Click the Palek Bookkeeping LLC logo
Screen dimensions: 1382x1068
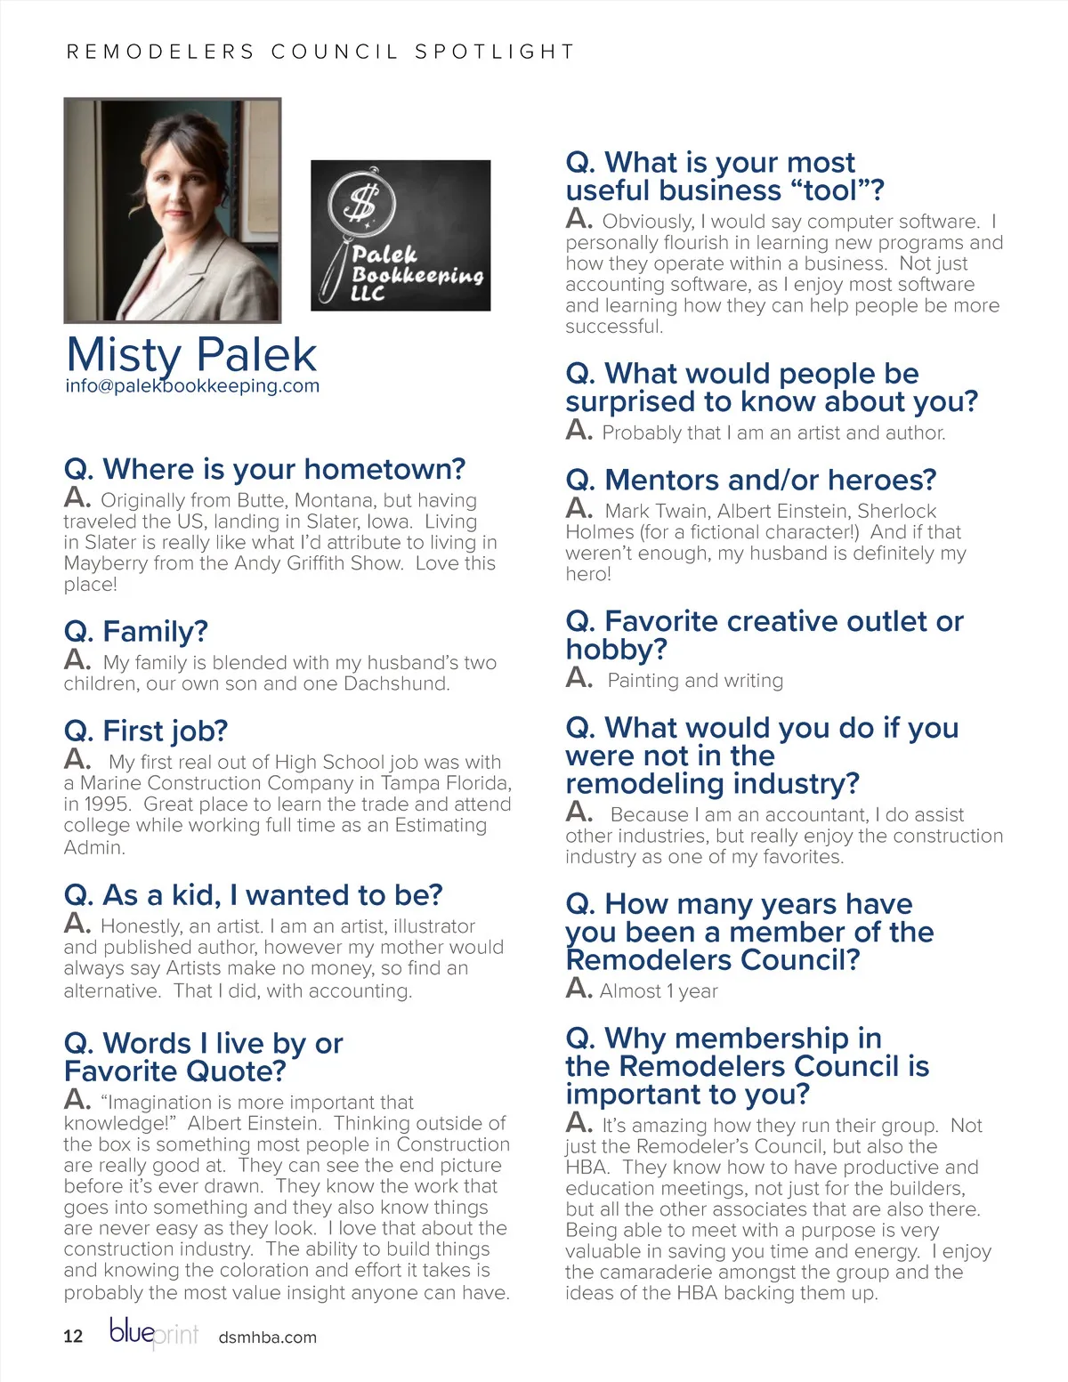point(400,235)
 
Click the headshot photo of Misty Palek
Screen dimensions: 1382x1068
point(173,210)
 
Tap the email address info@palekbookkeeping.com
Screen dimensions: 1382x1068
point(192,386)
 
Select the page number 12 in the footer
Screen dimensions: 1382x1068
point(73,1336)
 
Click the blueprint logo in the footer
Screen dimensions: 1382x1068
point(153,1332)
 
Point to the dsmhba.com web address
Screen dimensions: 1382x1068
point(267,1337)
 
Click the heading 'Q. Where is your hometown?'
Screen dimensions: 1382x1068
point(264,469)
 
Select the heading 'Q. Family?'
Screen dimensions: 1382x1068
point(135,631)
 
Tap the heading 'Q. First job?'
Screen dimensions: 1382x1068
point(146,731)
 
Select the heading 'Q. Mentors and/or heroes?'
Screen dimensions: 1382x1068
point(750,480)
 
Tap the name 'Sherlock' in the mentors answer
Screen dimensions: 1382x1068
point(896,511)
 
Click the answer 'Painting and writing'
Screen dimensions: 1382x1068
point(695,681)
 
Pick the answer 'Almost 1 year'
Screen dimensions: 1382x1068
point(659,991)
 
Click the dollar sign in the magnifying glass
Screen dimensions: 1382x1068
point(360,202)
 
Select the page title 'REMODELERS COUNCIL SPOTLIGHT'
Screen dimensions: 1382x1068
point(320,52)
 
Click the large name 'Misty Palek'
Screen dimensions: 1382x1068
point(191,354)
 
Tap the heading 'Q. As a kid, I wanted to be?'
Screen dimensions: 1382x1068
point(253,894)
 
